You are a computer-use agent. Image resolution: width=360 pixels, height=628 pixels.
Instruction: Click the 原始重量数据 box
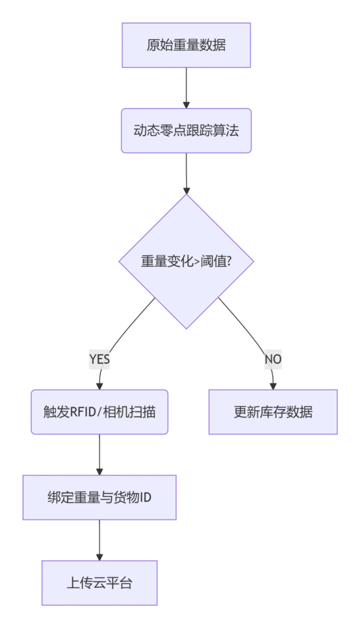(x=186, y=45)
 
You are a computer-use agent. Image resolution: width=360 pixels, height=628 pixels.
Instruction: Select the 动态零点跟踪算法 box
(x=186, y=131)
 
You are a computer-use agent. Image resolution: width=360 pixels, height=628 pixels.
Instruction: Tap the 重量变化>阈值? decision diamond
(x=186, y=261)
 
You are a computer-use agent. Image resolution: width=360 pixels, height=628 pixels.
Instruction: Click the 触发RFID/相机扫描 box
(x=99, y=412)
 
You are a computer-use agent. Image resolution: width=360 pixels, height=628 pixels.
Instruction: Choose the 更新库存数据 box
(x=273, y=412)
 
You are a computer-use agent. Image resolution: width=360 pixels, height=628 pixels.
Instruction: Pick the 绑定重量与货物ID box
(x=99, y=497)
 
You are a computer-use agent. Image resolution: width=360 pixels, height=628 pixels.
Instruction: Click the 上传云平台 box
(x=99, y=583)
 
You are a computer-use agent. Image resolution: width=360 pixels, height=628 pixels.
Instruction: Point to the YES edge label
(x=99, y=359)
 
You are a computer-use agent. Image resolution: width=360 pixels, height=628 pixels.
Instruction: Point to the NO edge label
(x=273, y=359)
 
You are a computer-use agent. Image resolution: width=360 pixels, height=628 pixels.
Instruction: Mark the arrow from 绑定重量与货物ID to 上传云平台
(x=99, y=539)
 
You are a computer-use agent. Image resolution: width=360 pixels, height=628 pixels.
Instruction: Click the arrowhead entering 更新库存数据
(x=273, y=386)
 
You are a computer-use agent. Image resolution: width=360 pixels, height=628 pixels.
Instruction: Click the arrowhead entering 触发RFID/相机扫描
(x=99, y=386)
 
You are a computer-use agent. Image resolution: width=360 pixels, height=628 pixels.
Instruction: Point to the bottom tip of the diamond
(x=186, y=328)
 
